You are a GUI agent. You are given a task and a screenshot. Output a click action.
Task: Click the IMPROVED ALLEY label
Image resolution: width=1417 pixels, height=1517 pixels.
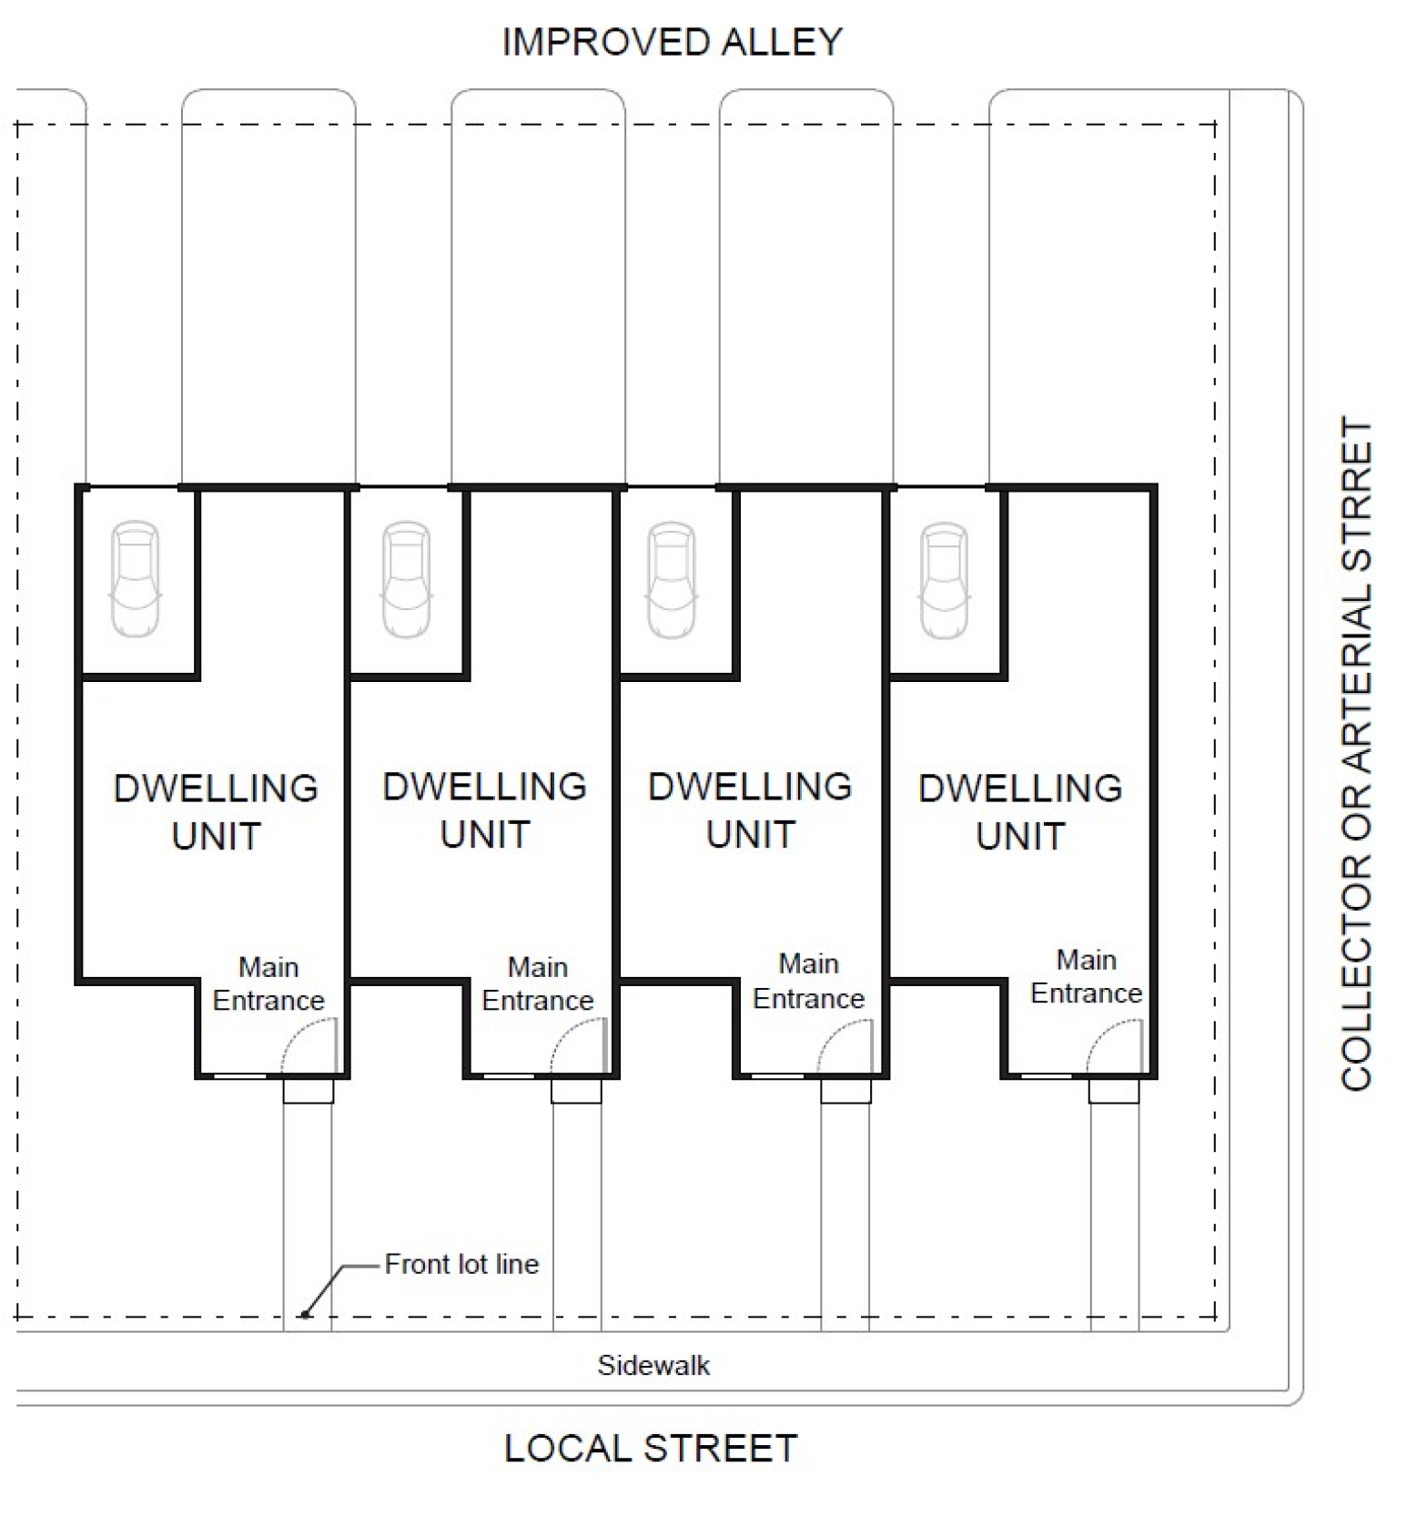(x=672, y=43)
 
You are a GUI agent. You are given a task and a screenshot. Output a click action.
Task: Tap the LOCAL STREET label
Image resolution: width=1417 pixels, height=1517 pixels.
(x=651, y=1448)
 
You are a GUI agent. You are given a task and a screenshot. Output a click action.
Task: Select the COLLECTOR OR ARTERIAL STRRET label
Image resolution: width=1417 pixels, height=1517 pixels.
(x=1356, y=753)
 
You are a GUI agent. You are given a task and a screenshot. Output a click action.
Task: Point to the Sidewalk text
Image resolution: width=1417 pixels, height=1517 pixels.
(x=653, y=1365)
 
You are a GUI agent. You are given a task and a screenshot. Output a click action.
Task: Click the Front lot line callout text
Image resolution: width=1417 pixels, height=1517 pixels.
(x=461, y=1264)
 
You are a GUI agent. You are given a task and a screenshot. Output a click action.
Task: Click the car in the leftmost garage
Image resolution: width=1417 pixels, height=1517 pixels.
(x=135, y=579)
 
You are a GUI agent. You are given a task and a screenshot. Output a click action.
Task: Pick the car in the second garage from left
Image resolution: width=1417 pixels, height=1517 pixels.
(x=406, y=579)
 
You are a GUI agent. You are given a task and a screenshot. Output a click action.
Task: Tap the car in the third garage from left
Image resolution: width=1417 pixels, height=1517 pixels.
(x=672, y=579)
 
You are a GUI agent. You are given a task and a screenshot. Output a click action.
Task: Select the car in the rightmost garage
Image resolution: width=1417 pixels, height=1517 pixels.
(x=944, y=579)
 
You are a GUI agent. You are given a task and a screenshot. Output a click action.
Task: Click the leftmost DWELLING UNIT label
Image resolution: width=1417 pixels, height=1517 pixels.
(x=216, y=811)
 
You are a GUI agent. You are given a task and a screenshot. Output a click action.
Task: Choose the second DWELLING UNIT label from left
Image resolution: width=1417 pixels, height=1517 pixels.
(x=484, y=809)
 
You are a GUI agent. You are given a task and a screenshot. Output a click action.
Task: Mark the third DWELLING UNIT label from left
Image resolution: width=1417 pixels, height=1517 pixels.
(x=750, y=809)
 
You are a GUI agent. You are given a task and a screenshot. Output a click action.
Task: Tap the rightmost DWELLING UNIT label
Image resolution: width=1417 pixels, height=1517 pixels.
(x=1020, y=811)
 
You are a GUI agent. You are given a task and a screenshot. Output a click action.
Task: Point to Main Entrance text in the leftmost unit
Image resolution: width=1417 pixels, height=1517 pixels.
(x=268, y=983)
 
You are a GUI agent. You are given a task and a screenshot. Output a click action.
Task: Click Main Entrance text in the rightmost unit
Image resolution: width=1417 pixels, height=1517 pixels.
(x=1086, y=976)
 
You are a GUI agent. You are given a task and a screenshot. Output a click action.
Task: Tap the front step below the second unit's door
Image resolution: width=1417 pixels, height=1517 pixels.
(x=576, y=1091)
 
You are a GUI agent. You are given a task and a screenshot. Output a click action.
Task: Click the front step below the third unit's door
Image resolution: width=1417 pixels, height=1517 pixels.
(x=845, y=1091)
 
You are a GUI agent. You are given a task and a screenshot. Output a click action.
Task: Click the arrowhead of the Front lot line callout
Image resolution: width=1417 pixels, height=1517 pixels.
(x=307, y=1313)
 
